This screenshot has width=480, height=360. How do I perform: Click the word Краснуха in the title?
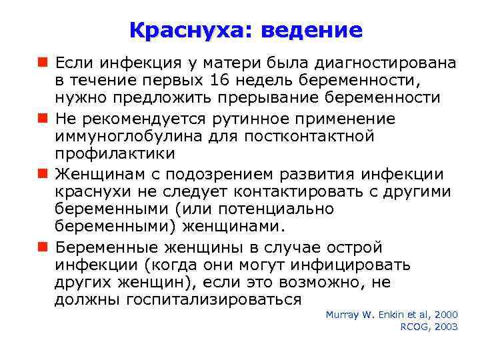tap(190, 30)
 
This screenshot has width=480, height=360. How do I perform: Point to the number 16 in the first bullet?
tap(219, 81)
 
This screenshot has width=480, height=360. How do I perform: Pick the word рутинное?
tap(233, 119)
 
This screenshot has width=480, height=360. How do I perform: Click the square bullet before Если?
tap(43, 63)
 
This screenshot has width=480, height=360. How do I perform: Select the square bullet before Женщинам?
tap(43, 175)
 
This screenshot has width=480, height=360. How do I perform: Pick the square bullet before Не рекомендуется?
tap(43, 119)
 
